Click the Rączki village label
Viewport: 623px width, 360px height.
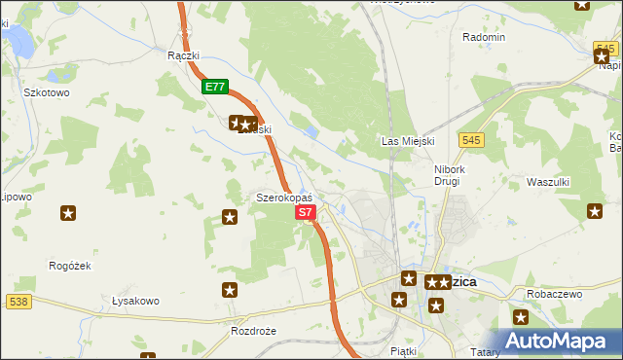(183, 55)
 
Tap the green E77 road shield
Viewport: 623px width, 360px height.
(216, 87)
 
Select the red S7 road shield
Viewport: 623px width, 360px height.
(305, 211)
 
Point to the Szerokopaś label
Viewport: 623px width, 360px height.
(283, 198)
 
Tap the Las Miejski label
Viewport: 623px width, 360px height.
(407, 141)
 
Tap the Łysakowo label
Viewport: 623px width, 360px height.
(135, 301)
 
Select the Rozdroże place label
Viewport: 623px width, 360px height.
(254, 331)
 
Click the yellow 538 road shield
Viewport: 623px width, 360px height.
(18, 303)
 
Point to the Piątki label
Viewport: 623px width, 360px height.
(402, 349)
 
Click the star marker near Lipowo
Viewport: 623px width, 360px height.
(68, 213)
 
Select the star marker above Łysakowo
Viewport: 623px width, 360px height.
(229, 289)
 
